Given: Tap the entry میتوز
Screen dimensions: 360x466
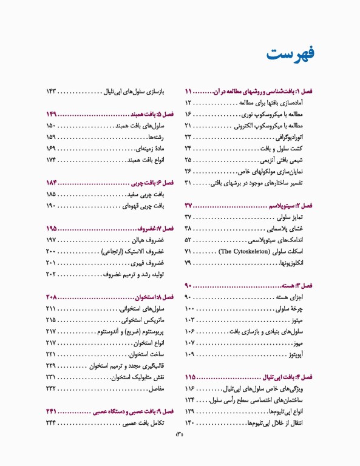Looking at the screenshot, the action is [303, 320].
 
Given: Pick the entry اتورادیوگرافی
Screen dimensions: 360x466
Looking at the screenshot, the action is [294, 137].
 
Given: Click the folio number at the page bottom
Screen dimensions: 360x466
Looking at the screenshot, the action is [180, 451].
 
